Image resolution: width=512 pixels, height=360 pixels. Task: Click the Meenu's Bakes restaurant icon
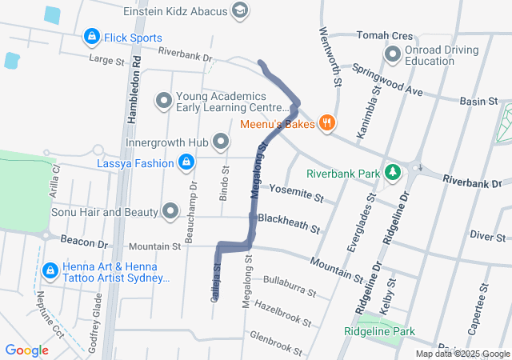tap(326, 123)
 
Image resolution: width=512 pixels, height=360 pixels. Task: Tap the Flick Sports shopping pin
tap(91, 38)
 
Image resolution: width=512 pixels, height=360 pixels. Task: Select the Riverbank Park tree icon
tap(392, 172)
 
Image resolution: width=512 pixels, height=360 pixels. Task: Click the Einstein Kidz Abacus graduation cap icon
tap(239, 11)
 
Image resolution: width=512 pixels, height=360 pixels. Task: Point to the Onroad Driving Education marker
tap(393, 55)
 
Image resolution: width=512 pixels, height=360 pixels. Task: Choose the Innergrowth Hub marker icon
tap(222, 142)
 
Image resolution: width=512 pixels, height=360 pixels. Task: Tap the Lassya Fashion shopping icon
tap(186, 163)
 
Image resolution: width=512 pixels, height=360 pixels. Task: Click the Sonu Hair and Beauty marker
tap(170, 212)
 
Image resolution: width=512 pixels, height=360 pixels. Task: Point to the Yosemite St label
tap(296, 192)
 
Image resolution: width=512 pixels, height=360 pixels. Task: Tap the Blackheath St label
tap(289, 222)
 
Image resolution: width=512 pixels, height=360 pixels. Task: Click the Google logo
tap(26, 350)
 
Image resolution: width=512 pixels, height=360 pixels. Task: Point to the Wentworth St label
tap(330, 58)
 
